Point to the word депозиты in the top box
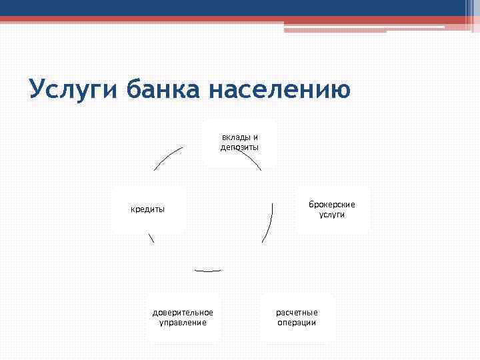[239, 147]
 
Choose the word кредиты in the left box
[147, 209]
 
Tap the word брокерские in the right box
[331, 205]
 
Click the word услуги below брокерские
[331, 215]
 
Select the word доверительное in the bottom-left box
[183, 313]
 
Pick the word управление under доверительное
[183, 323]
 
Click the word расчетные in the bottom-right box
[297, 313]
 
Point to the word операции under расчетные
[297, 323]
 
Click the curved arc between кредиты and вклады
[167, 159]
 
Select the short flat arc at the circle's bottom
[207, 270]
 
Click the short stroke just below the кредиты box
[151, 238]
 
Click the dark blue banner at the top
[240, 8]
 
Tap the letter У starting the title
[37, 89]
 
